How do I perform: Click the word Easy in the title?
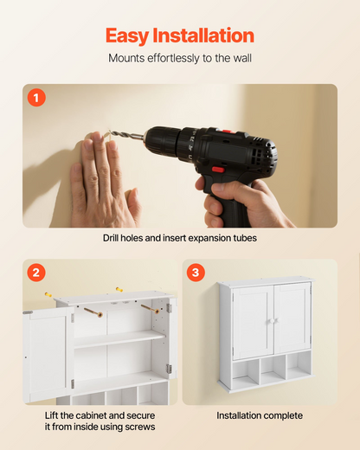(x=126, y=35)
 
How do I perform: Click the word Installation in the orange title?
(x=203, y=35)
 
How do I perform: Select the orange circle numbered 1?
(x=36, y=98)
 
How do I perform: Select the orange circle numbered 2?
(x=36, y=273)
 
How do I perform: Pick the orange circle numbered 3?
(x=196, y=273)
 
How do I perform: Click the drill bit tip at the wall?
(x=111, y=132)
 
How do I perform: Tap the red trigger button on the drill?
(x=219, y=170)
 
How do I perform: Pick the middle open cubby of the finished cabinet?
(x=272, y=370)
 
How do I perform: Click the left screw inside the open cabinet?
(x=93, y=312)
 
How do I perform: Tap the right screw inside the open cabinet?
(x=150, y=309)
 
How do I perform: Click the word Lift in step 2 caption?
(x=51, y=415)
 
